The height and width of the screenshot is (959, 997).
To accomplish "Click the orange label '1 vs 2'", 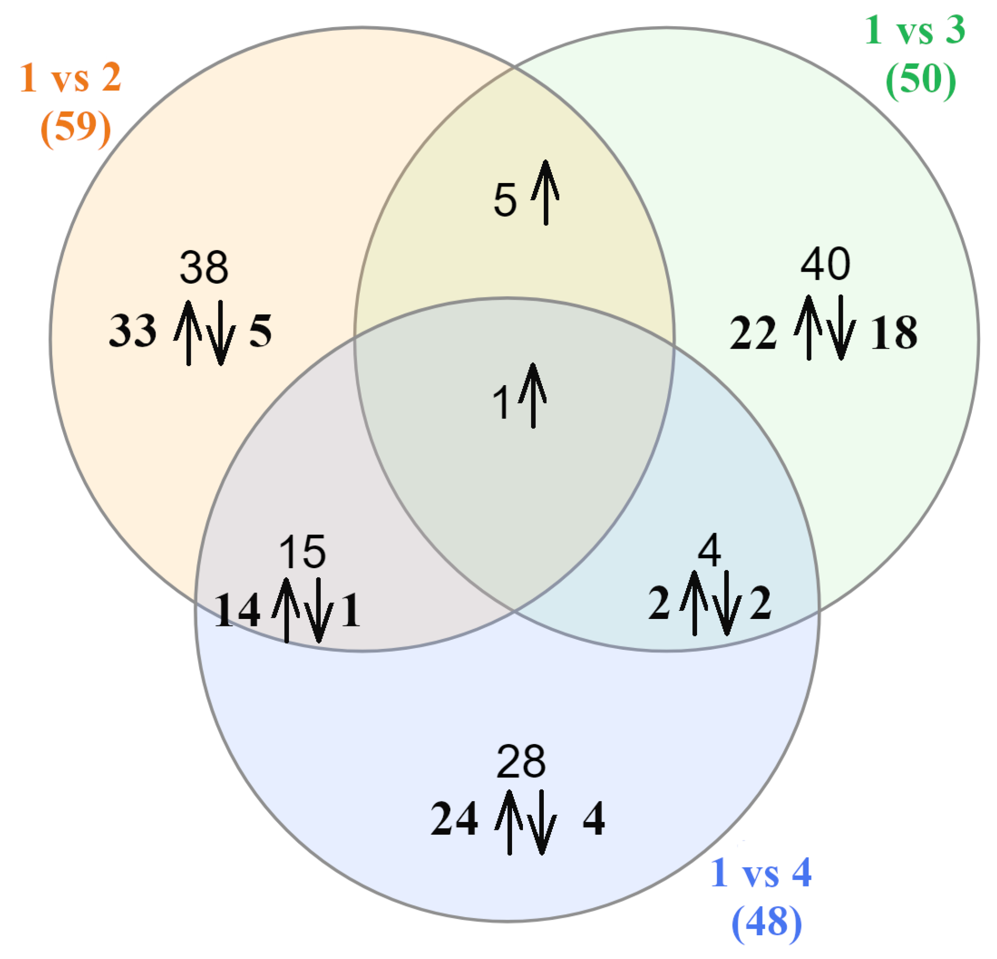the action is pyautogui.click(x=70, y=78).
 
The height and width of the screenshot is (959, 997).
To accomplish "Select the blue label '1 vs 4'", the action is pyautogui.click(x=761, y=873).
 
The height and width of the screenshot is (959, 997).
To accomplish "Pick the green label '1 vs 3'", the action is pyautogui.click(x=914, y=30).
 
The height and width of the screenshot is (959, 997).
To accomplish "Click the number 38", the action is pyautogui.click(x=204, y=267).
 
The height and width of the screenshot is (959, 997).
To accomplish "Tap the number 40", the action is pyautogui.click(x=825, y=264).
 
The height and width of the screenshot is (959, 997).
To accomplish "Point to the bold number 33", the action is pyautogui.click(x=132, y=331).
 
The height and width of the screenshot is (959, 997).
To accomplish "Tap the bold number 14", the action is pyautogui.click(x=237, y=610).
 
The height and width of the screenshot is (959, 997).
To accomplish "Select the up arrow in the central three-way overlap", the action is pyautogui.click(x=532, y=396).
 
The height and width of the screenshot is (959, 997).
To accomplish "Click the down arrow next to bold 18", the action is pyautogui.click(x=841, y=328).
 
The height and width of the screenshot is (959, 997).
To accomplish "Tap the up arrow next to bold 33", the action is pyautogui.click(x=189, y=333).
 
